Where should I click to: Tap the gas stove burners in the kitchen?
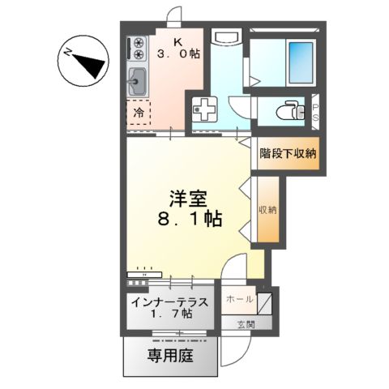(x=138, y=48)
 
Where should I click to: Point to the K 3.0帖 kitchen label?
(x=177, y=49)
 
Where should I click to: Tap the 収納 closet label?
(x=267, y=210)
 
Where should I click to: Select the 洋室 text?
(x=186, y=197)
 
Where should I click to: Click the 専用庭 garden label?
(x=170, y=354)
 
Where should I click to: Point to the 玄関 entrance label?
(x=246, y=324)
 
